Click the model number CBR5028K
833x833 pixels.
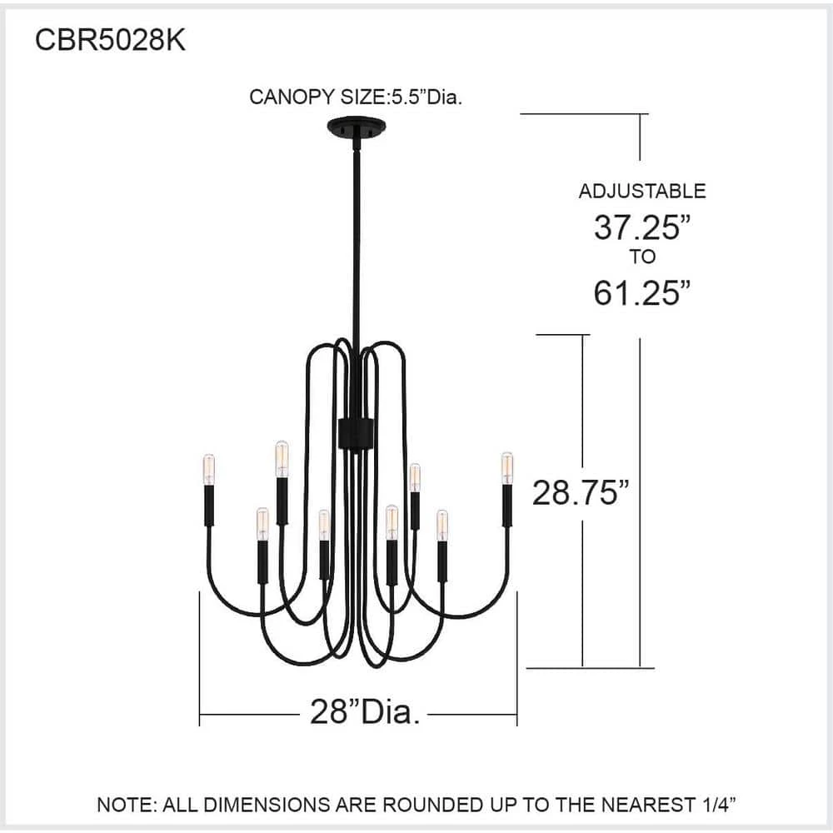110,40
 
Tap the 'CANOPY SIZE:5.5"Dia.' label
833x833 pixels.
356,97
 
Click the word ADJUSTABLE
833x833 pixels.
641,192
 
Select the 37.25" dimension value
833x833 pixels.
642,227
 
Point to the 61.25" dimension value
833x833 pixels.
642,292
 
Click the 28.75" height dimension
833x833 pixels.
581,492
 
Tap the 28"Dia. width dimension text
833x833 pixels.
365,711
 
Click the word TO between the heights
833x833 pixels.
643,257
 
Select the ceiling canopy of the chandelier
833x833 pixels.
356,128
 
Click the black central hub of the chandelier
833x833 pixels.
356,433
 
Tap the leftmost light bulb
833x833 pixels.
209,469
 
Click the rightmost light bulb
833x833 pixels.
507,468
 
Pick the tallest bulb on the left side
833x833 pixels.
282,458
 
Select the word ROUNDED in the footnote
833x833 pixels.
431,805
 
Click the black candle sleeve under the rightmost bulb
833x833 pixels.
507,506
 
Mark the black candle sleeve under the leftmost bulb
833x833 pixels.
209,506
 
